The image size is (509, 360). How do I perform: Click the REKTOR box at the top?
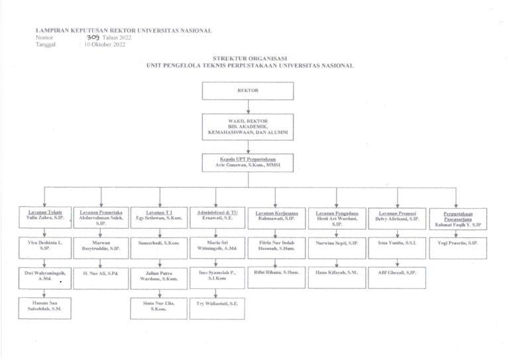248,90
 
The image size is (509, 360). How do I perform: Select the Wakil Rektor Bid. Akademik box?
248,126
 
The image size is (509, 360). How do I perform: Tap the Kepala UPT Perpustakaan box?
248,162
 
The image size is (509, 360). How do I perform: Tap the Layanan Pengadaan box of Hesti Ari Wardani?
337,218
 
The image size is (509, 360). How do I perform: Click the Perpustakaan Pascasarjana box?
457,218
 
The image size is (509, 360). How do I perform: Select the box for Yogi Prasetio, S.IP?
457,244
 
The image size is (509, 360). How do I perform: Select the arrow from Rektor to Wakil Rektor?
248,107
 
